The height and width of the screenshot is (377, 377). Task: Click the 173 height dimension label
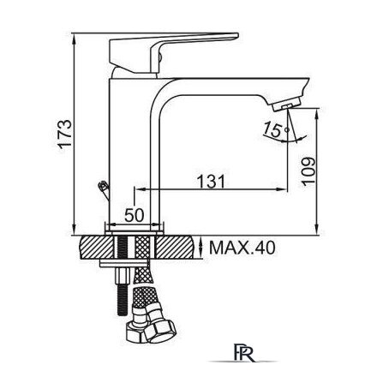65,134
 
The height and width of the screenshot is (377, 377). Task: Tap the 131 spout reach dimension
212,182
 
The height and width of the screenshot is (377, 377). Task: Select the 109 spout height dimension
309,171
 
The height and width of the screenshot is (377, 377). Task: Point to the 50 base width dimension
135,215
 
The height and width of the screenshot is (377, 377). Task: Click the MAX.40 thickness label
242,248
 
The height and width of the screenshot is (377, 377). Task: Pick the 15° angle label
275,129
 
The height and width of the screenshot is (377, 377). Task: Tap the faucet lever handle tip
236,35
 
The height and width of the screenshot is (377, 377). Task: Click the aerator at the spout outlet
287,105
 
